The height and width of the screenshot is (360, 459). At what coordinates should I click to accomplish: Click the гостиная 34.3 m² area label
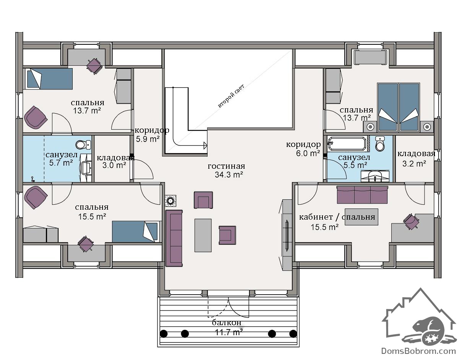click(x=226, y=170)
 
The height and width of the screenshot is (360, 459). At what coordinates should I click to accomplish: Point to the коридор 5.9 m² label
click(x=152, y=135)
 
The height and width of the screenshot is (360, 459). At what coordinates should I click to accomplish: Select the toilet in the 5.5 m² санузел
click(x=380, y=144)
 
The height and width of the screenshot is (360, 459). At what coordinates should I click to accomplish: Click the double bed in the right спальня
click(x=398, y=107)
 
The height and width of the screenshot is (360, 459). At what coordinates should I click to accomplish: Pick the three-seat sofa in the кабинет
click(x=362, y=195)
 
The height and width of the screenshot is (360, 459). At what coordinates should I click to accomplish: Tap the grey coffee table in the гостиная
click(x=203, y=235)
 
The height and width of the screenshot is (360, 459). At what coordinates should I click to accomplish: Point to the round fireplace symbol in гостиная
click(x=171, y=200)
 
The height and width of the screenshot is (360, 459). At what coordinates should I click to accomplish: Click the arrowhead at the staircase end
click(x=205, y=145)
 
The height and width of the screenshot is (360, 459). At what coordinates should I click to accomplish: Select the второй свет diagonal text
click(x=231, y=96)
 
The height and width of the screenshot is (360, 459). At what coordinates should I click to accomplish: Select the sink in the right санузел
click(x=375, y=176)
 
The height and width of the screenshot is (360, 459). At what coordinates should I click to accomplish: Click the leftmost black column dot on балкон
click(x=164, y=334)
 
